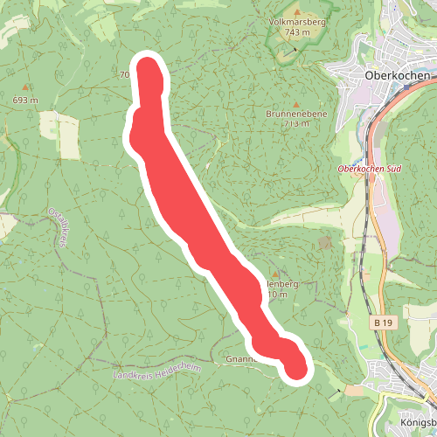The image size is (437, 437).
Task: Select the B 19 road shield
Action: [x=382, y=323]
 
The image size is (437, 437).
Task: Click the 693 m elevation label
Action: [x=25, y=101]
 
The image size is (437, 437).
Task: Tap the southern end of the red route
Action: [x=296, y=368]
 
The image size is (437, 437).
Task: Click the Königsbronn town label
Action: [x=417, y=422]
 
